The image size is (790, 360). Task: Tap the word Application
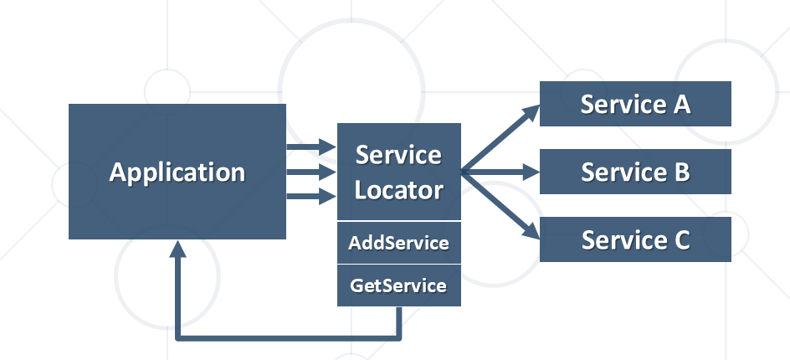pyautogui.click(x=177, y=172)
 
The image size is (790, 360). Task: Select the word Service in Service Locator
pyautogui.click(x=398, y=155)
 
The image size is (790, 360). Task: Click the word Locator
pyautogui.click(x=398, y=189)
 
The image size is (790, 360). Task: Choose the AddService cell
pyautogui.click(x=398, y=243)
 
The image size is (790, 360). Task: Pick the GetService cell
pyautogui.click(x=398, y=285)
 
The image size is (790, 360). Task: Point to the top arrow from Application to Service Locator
pyautogui.click(x=310, y=147)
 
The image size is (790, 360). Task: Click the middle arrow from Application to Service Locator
pyautogui.click(x=310, y=172)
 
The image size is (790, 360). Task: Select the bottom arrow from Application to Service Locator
pyautogui.click(x=310, y=198)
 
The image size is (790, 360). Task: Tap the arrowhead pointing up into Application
pyautogui.click(x=177, y=249)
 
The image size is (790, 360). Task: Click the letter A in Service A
pyautogui.click(x=681, y=104)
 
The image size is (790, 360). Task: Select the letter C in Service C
pyautogui.click(x=680, y=240)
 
